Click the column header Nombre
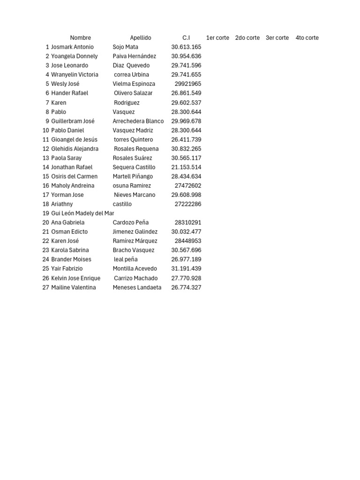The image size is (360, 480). tap(80, 38)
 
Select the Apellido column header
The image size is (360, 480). tap(141, 38)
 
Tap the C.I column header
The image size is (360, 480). tap(186, 38)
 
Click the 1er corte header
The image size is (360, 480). tap(217, 38)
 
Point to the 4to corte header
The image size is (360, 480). tap(307, 38)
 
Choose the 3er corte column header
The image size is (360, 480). tap(277, 38)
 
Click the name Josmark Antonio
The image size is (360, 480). tap(72, 47)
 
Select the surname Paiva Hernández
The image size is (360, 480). tap(135, 56)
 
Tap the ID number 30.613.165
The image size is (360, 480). tap(186, 47)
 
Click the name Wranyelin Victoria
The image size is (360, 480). tap(75, 75)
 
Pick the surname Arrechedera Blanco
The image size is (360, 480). tap(138, 121)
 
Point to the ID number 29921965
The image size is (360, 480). tap(188, 84)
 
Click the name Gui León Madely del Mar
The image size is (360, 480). tap(82, 213)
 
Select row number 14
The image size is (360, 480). tap(46, 167)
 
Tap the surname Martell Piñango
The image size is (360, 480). tap(133, 176)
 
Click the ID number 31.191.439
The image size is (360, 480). tap(186, 269)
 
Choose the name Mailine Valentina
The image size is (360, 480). tap(73, 287)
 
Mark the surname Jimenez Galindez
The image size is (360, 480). tap(135, 232)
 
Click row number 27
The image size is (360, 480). tap(46, 287)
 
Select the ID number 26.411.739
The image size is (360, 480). tap(186, 140)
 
